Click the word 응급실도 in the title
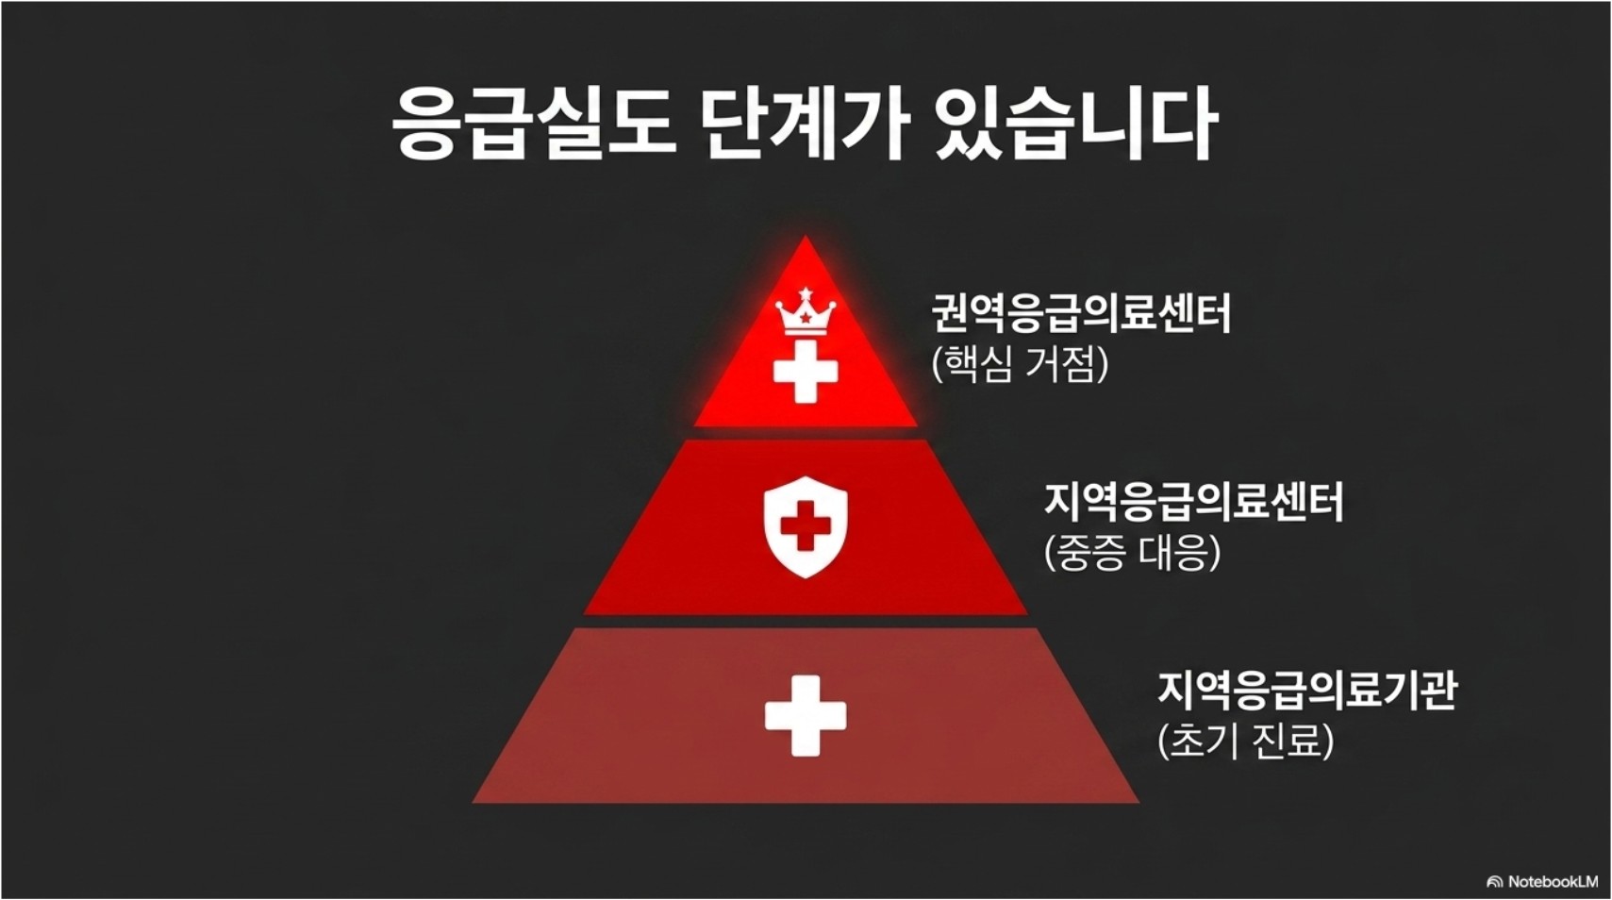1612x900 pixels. (x=533, y=123)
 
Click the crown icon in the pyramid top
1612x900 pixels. (x=806, y=312)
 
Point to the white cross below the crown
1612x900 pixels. (x=806, y=372)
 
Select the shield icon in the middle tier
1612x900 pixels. (x=806, y=526)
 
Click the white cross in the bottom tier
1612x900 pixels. (x=806, y=715)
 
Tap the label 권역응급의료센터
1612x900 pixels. (x=1081, y=313)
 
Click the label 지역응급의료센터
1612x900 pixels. (x=1193, y=502)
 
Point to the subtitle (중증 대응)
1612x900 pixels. (x=1132, y=553)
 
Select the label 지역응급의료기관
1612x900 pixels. (x=1306, y=691)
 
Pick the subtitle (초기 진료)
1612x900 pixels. (x=1245, y=742)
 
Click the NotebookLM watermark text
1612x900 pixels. (x=1553, y=882)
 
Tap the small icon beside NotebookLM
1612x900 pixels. (x=1494, y=882)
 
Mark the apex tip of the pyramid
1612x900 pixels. (x=806, y=240)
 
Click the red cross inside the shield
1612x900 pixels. (x=806, y=525)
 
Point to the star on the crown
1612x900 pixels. (x=806, y=317)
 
